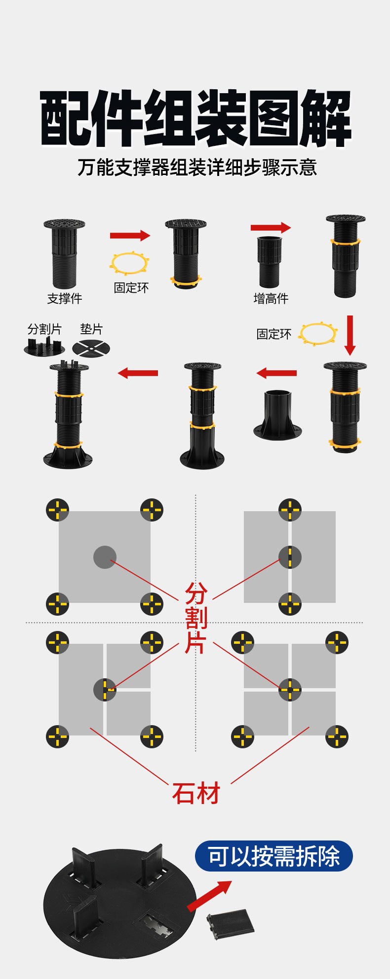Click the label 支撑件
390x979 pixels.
(65, 298)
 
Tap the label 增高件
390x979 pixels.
(271, 298)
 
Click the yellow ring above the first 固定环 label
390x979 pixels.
(129, 263)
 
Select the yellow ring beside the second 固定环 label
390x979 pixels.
(318, 334)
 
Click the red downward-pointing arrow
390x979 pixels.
(350, 335)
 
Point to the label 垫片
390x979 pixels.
(91, 329)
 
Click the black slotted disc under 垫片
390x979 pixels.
(91, 349)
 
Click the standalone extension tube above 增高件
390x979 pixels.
(270, 261)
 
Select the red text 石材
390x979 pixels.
(195, 794)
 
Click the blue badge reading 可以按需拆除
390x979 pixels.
(273, 856)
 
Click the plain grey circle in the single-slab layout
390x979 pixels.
(105, 557)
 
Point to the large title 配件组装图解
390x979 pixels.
(195, 118)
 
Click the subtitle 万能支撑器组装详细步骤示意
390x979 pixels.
(196, 168)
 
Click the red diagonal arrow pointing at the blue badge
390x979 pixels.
(208, 895)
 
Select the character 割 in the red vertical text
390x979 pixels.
(195, 618)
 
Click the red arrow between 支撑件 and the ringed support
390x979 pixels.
(129, 235)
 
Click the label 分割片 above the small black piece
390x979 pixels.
(44, 329)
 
